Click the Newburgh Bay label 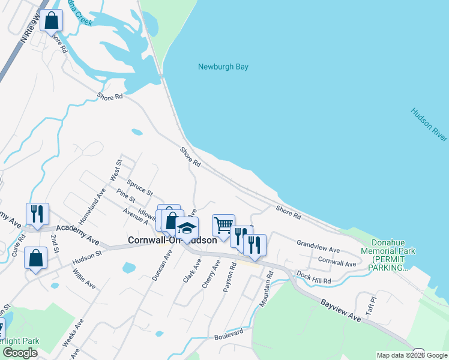pos(223,67)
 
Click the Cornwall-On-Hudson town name pos(172,239)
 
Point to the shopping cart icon pos(223,226)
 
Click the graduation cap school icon pos(187,229)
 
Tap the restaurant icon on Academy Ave pos(37,214)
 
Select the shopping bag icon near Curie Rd pos(36,258)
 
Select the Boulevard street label pos(229,333)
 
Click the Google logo pos(20,353)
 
